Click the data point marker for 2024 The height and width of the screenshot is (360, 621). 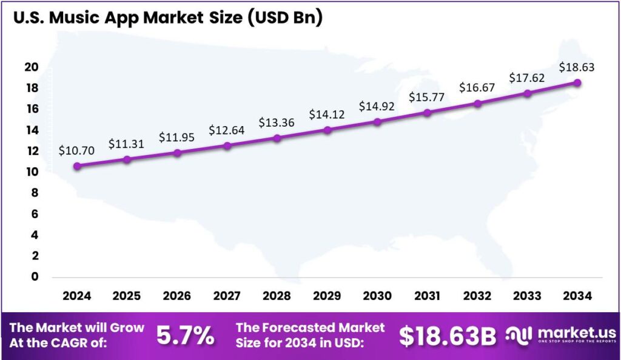76,165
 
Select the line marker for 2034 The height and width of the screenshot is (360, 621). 577,83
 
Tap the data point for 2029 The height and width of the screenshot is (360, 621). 327,130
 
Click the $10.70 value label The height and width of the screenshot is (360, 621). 76,151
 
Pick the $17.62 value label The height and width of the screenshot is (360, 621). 527,78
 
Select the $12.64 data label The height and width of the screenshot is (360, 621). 227,130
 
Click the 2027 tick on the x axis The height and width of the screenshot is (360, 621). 227,296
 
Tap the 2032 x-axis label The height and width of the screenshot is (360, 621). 477,296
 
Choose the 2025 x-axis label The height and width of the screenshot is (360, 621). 127,296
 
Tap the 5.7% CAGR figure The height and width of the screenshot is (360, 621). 185,336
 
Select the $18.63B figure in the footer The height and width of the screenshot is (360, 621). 448,336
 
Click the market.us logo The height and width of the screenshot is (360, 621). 561,335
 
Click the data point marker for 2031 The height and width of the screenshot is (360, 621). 428,113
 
